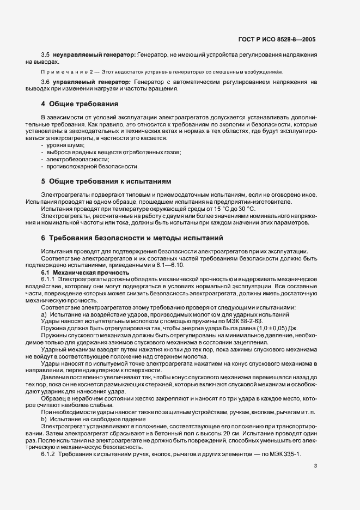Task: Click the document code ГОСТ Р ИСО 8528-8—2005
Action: [x=277, y=40]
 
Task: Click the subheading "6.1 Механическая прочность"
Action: [x=86, y=272]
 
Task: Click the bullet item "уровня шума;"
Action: [x=65, y=145]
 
